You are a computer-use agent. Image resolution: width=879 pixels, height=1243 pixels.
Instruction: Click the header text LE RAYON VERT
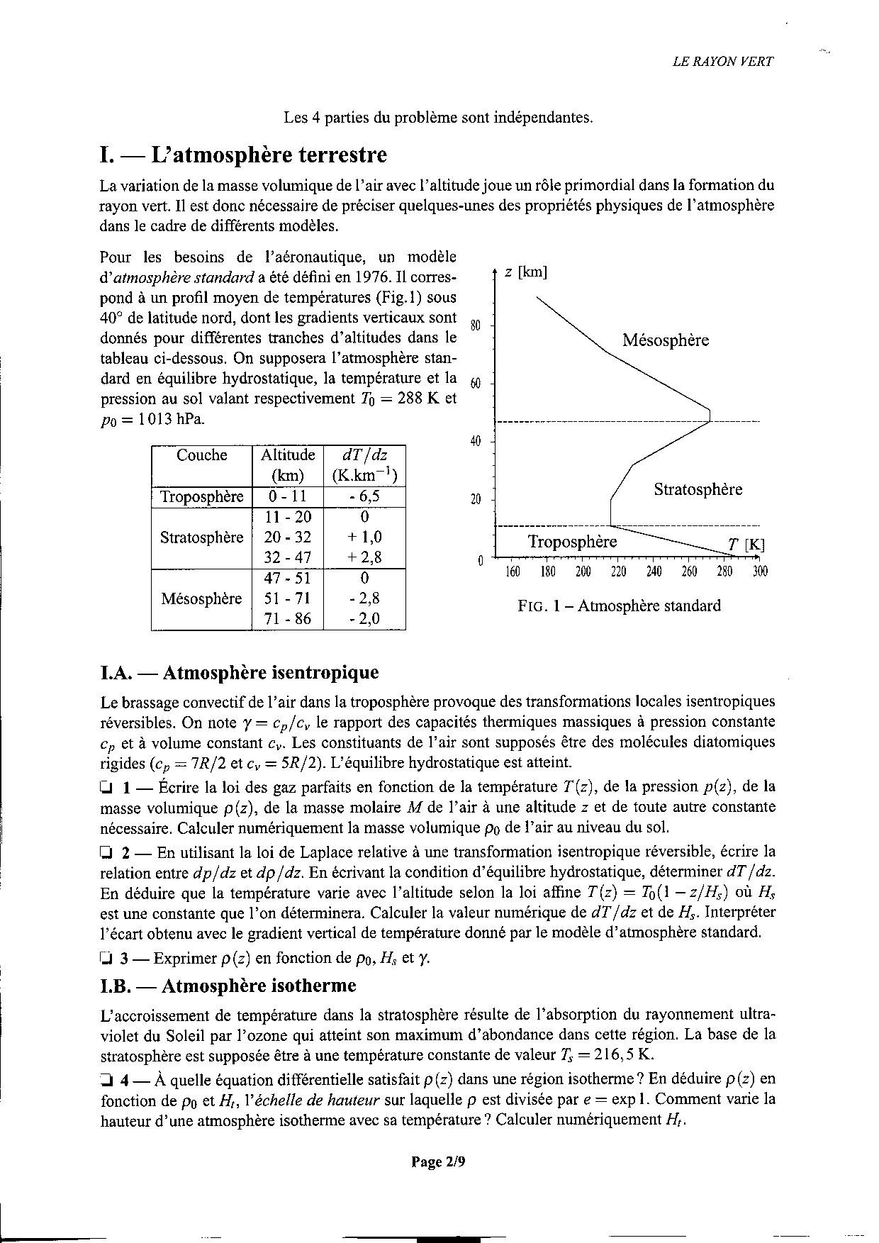(x=723, y=61)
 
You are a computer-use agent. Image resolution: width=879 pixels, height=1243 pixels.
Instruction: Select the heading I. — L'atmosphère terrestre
(x=245, y=155)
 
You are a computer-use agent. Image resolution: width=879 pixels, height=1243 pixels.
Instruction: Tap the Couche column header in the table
(x=202, y=455)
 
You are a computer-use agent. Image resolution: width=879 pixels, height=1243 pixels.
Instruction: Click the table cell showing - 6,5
(x=364, y=496)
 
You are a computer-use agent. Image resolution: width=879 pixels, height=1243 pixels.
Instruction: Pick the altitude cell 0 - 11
(x=288, y=496)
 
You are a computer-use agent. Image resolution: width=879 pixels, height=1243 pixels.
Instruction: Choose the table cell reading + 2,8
(x=364, y=557)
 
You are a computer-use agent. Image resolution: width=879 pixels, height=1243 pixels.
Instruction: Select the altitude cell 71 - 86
(x=288, y=618)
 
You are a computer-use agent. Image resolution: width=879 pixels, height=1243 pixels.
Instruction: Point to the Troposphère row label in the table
(x=202, y=496)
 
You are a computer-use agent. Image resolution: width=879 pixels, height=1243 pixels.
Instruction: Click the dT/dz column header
(x=364, y=464)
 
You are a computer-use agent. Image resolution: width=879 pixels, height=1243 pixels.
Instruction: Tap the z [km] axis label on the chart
(x=525, y=273)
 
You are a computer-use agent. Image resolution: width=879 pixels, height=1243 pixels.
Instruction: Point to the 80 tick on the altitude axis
(x=476, y=325)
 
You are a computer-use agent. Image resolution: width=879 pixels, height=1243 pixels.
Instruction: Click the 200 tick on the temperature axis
(x=583, y=572)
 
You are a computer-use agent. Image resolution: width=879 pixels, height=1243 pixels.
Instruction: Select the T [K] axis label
(x=746, y=545)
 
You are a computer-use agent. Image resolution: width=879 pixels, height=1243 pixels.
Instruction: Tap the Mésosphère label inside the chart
(x=666, y=340)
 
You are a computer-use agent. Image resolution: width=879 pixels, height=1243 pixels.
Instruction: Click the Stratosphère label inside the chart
(x=698, y=489)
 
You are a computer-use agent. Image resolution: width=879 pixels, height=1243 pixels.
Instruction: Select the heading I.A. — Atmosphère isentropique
(x=240, y=672)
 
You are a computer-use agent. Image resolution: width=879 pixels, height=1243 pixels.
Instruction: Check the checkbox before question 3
(x=106, y=959)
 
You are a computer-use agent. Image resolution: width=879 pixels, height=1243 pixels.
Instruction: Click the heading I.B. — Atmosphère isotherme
(x=229, y=986)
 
